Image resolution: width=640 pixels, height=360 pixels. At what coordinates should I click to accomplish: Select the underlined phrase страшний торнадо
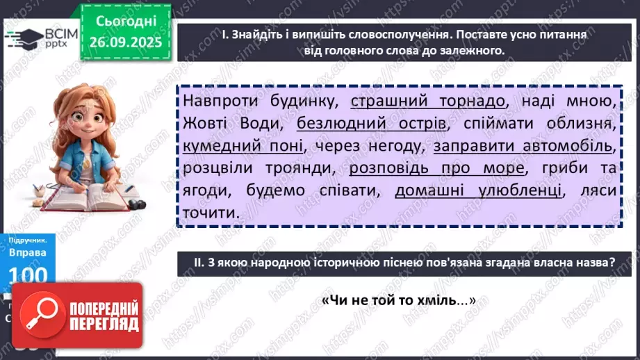429,102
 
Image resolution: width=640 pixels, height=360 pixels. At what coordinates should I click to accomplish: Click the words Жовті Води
234,124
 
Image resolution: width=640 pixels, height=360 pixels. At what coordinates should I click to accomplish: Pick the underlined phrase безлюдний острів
371,124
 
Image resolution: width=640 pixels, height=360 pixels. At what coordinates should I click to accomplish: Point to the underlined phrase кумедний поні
243,147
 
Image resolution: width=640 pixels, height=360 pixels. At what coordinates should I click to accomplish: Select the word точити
208,213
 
